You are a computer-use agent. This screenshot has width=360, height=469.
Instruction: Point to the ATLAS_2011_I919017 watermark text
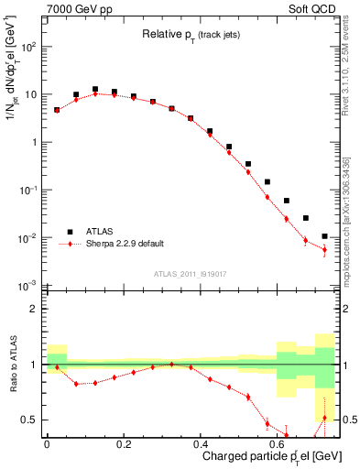point(191,273)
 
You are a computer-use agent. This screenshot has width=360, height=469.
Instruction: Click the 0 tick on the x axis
point(46,442)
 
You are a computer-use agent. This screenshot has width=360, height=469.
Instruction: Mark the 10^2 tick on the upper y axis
point(28,47)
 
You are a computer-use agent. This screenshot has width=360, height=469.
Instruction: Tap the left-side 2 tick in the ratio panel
point(35,310)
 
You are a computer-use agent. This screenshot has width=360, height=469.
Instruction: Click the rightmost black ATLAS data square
point(324,236)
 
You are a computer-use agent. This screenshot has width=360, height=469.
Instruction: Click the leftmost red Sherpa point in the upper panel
point(57,110)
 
